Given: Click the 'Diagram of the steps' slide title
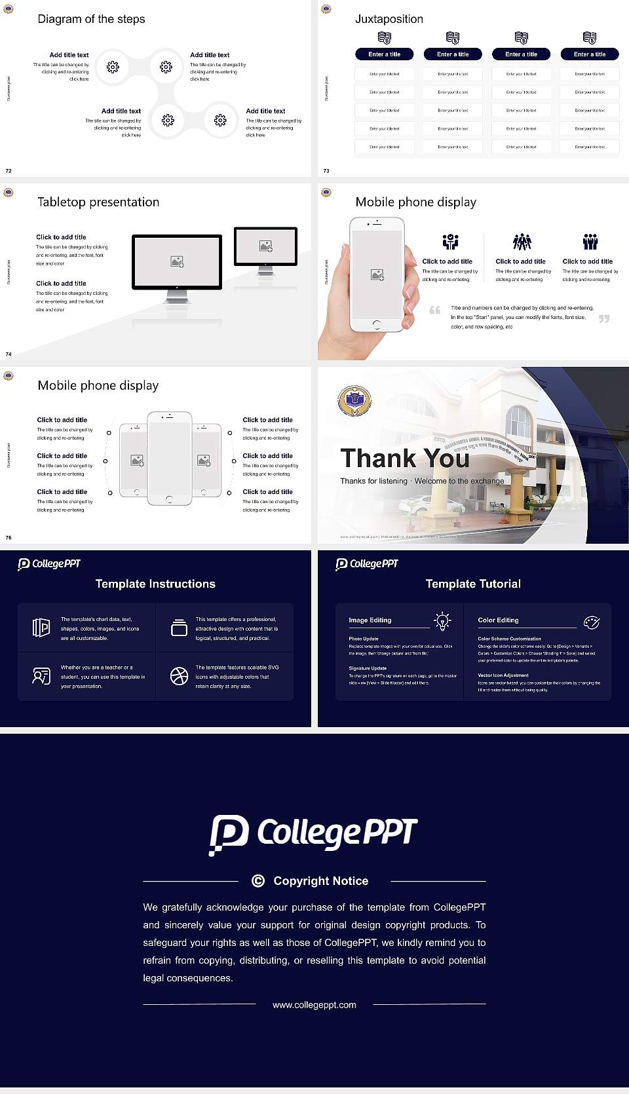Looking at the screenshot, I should [x=91, y=19].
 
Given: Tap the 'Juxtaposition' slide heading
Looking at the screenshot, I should [x=389, y=19].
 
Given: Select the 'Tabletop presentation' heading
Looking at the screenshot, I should [x=98, y=202].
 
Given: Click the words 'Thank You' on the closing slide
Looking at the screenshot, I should [x=405, y=459].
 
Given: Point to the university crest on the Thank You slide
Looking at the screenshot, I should [x=354, y=401].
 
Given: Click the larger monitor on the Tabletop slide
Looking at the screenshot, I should [x=177, y=262].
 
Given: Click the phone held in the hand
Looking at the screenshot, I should [x=376, y=275].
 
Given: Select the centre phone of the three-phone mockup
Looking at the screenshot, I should [x=169, y=458].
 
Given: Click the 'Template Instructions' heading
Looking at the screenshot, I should [x=155, y=584].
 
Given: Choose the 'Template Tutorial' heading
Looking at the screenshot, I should [x=473, y=584].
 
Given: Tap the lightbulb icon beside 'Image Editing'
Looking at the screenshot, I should [x=443, y=621].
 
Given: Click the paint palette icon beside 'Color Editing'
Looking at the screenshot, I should [x=592, y=622].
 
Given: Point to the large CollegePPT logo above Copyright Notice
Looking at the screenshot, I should [x=313, y=834].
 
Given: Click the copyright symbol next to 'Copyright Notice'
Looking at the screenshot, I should [x=258, y=881].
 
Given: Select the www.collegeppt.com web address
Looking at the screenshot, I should [x=314, y=1005].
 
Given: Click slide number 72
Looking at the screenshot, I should [x=9, y=171].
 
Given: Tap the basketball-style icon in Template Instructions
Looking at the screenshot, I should [x=179, y=676].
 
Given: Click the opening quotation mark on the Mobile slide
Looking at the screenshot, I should [x=435, y=310].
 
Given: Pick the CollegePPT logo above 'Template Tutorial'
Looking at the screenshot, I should [x=367, y=564].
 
